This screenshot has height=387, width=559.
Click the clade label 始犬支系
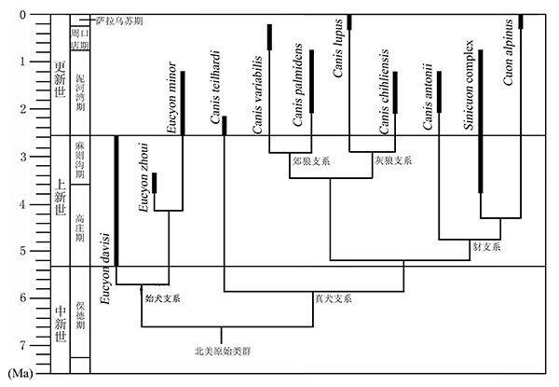pos(163,298)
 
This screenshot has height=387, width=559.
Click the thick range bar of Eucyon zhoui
pos(155,183)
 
